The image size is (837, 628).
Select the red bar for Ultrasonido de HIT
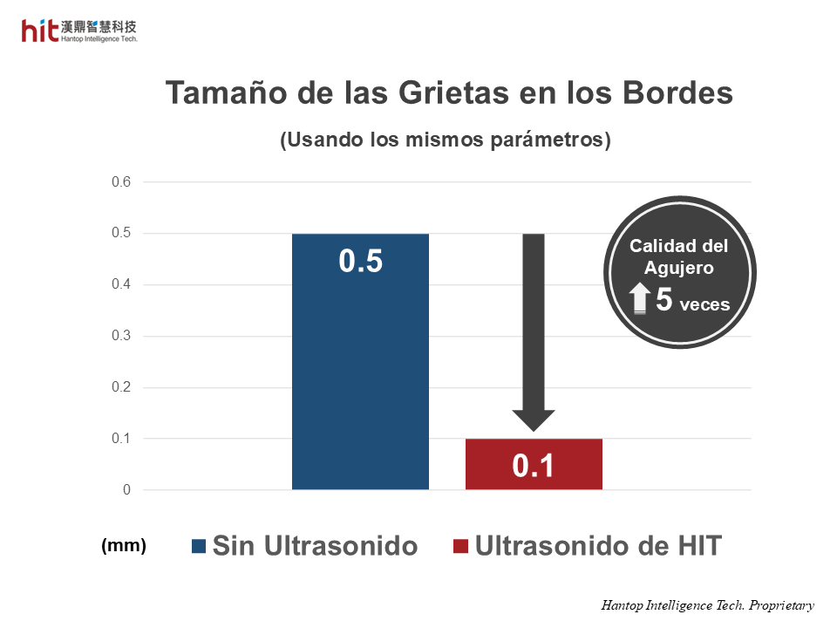534,464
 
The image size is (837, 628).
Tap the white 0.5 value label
361,262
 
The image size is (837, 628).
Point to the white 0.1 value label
534,467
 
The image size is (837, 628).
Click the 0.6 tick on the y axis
120,182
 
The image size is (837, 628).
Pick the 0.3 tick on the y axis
120,336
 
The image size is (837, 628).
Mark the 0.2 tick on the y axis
120,387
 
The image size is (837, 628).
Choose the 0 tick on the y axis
126,490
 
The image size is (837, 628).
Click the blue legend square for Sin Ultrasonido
199,547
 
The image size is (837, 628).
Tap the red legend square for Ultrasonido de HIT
460,547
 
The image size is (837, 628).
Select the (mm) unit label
124,546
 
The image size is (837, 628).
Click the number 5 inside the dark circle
663,299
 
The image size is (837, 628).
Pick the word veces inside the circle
704,304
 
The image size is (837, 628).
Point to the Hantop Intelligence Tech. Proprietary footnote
707,605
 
